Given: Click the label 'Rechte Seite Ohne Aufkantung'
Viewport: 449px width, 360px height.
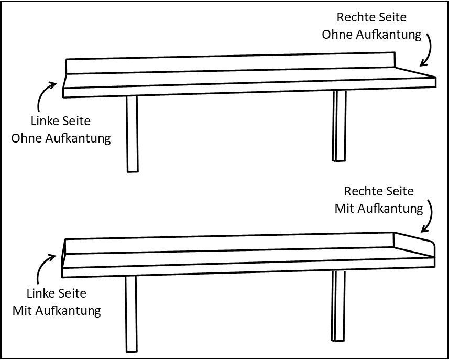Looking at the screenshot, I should click(x=371, y=26).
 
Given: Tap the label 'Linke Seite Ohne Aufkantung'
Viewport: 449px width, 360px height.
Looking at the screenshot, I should click(x=61, y=130).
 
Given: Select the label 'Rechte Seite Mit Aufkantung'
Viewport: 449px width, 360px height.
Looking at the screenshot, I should click(x=379, y=200).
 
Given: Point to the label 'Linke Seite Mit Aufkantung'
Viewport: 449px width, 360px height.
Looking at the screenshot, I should click(x=57, y=302).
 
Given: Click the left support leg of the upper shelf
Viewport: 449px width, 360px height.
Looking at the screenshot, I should click(x=133, y=134).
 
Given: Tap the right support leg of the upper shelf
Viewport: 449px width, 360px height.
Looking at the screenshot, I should click(x=339, y=126).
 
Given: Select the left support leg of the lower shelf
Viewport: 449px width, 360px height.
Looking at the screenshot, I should click(x=131, y=313).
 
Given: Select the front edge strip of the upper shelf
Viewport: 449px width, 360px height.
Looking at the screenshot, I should click(x=246, y=89).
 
